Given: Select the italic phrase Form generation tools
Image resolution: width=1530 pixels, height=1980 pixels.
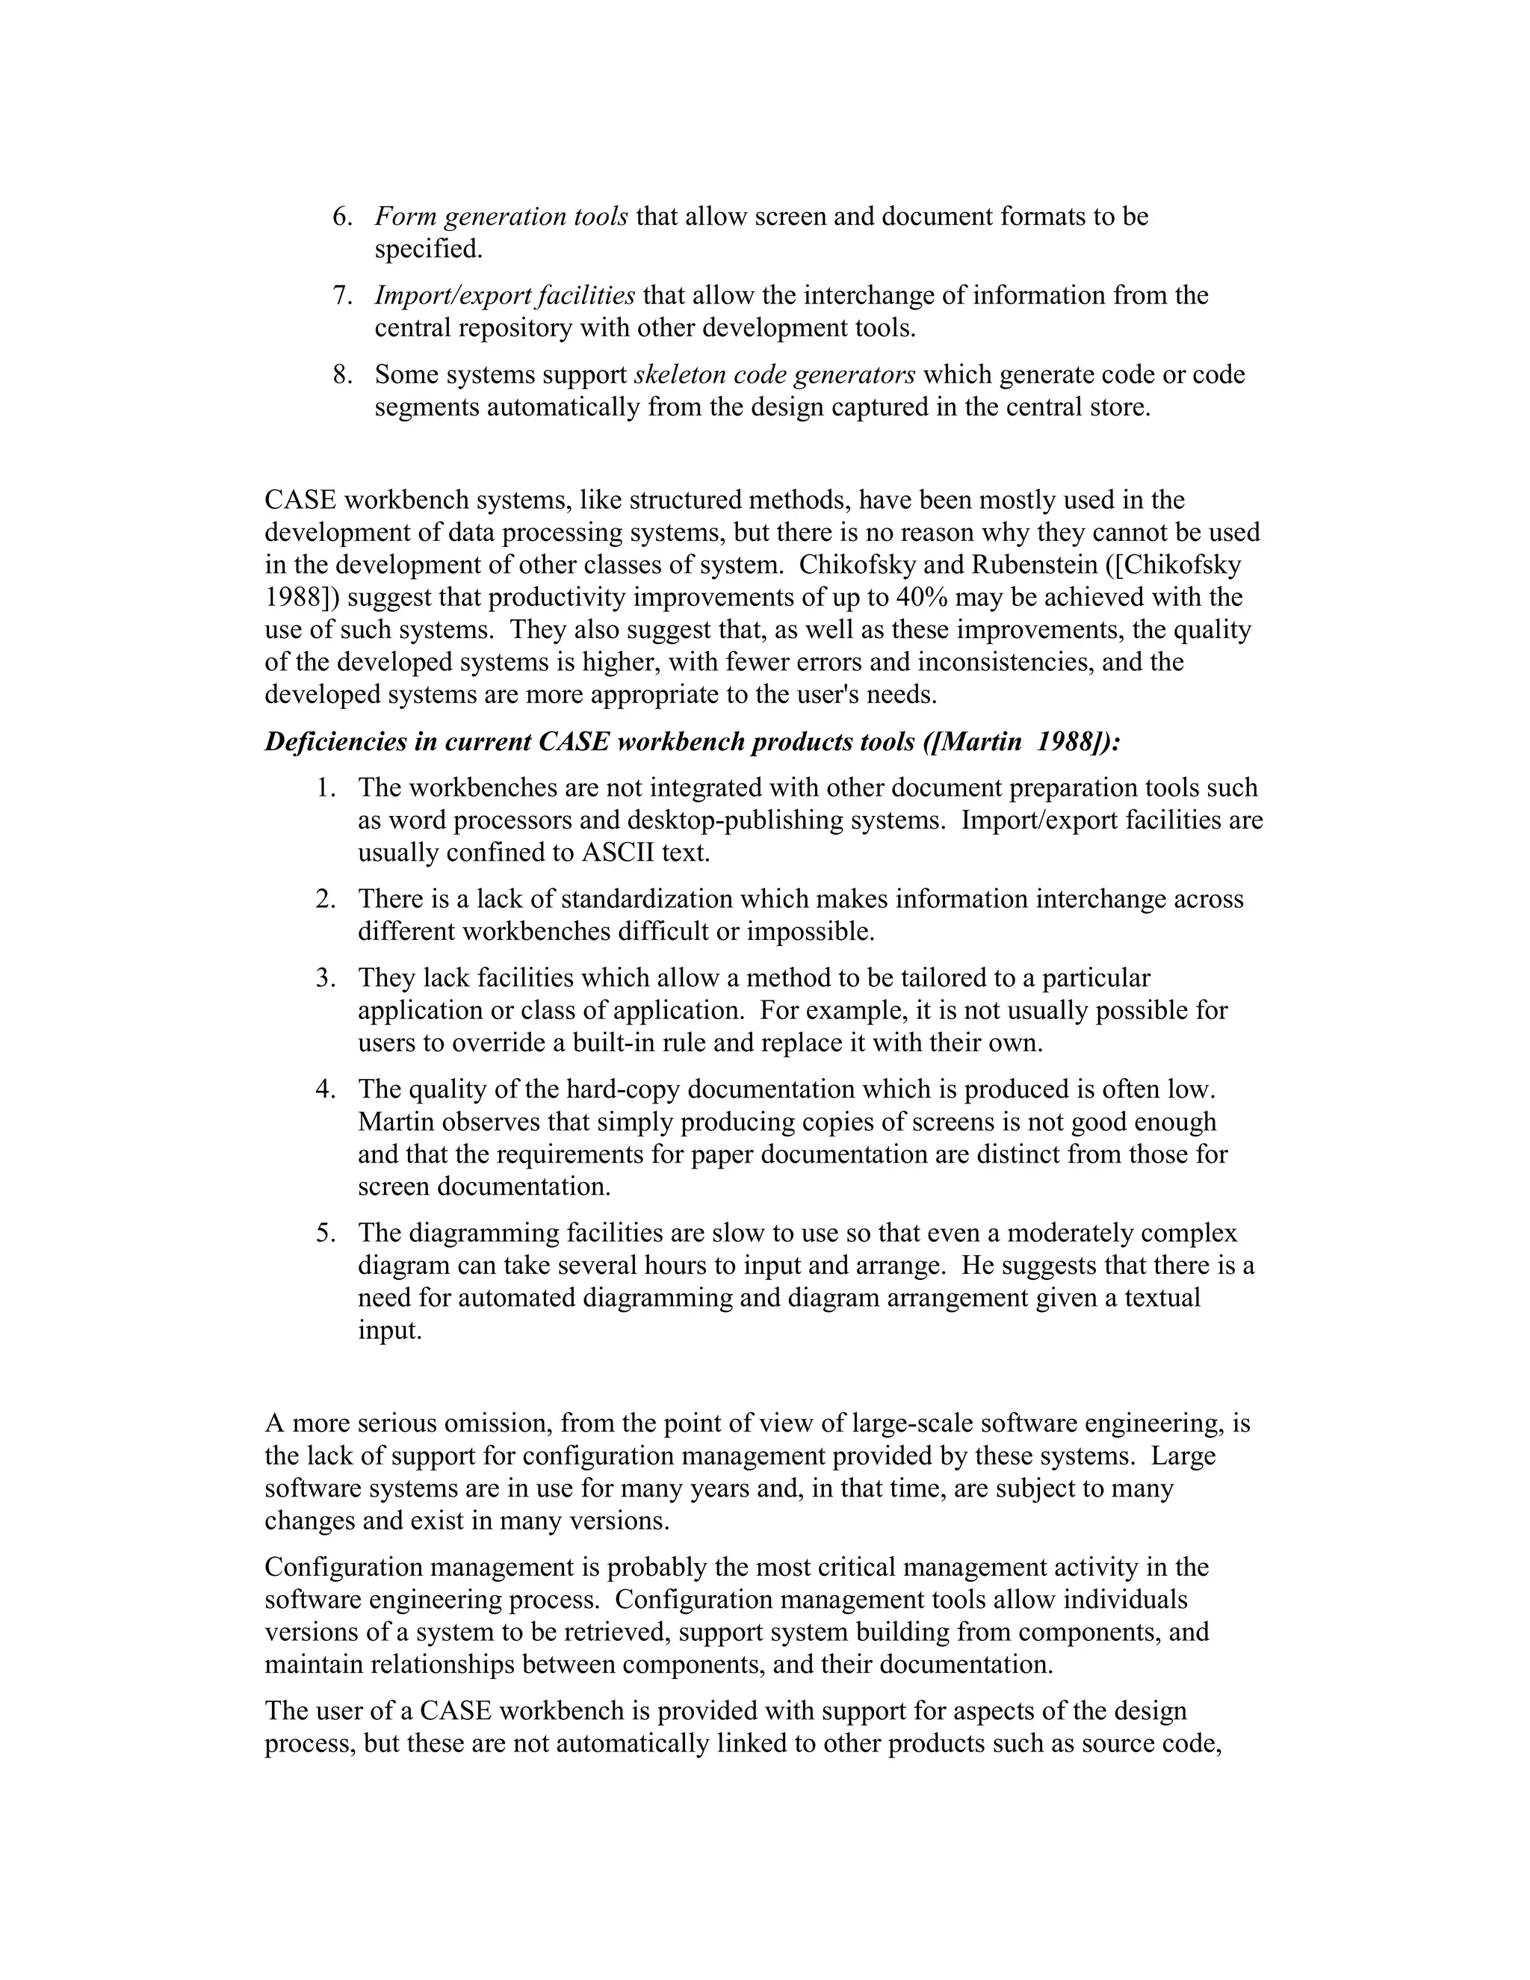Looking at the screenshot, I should (x=501, y=217).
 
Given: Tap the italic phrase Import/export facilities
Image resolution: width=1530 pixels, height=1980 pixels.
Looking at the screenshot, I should (x=505, y=296).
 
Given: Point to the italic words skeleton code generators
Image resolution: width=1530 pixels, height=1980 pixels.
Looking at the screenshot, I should (x=774, y=374).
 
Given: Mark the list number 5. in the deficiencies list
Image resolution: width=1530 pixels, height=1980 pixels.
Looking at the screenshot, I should (x=326, y=1233).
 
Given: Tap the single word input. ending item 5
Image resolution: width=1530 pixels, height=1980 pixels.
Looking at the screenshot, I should (x=390, y=1331).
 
